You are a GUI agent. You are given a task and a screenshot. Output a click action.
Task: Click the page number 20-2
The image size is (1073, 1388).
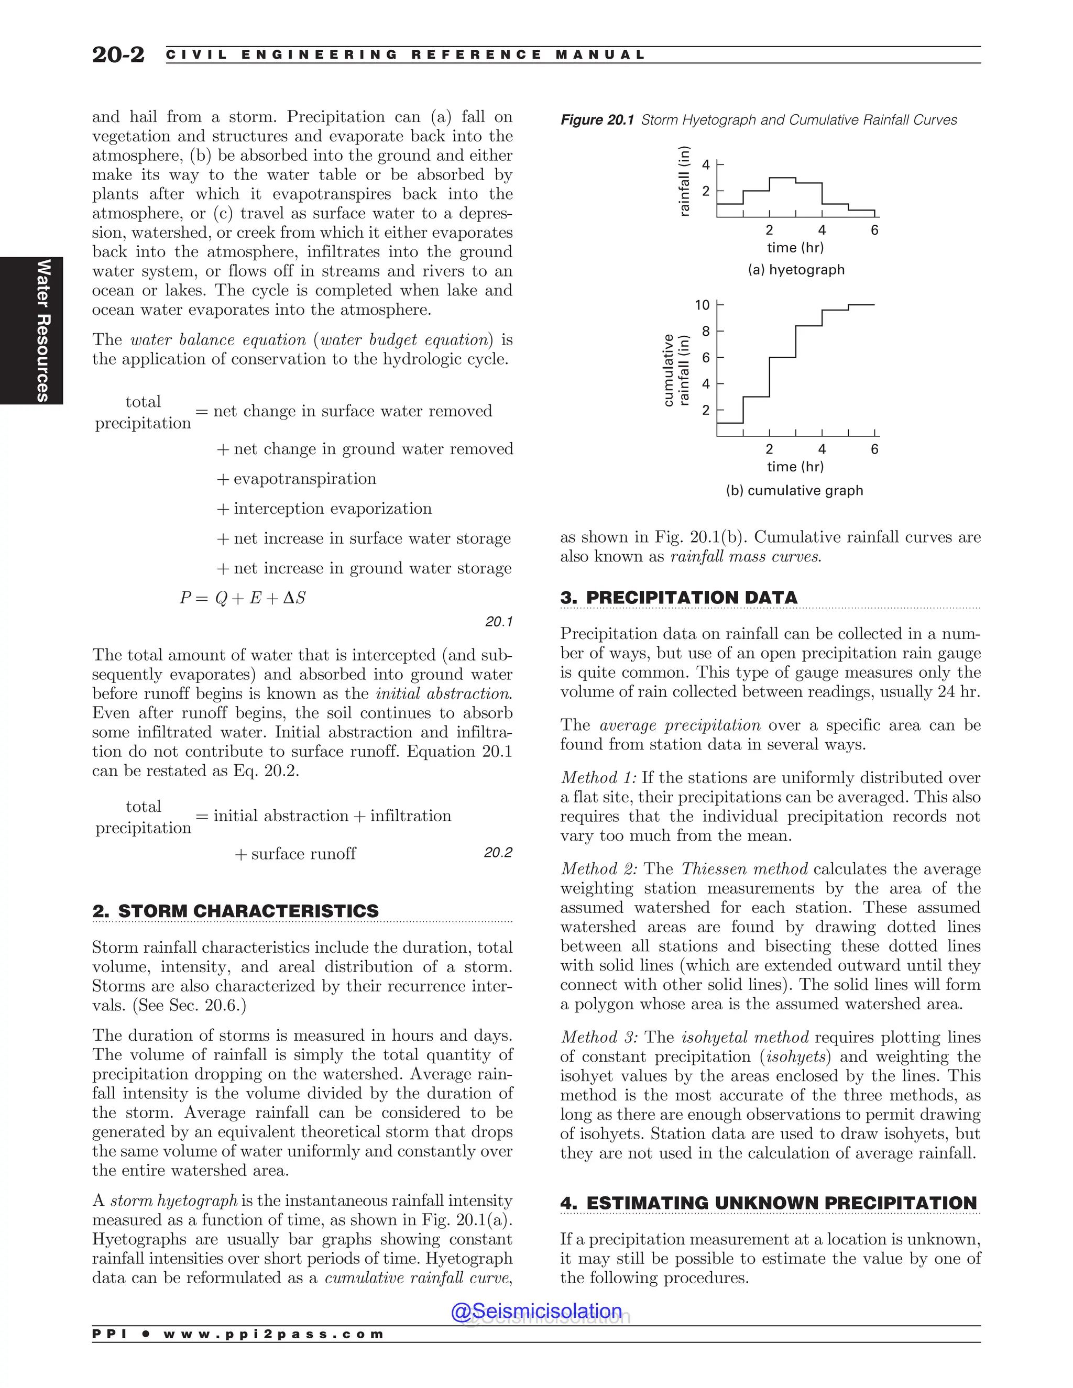click(x=118, y=54)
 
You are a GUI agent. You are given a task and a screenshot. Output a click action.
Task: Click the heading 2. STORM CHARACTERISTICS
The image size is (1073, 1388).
click(x=235, y=911)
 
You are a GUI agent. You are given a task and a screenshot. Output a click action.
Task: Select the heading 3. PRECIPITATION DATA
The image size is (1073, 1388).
click(x=678, y=598)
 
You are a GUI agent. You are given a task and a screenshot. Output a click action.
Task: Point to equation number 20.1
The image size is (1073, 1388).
click(x=498, y=622)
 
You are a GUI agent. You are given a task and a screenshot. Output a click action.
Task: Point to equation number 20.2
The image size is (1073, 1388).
click(x=498, y=852)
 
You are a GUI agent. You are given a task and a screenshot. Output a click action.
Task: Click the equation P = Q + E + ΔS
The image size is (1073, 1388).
click(x=242, y=598)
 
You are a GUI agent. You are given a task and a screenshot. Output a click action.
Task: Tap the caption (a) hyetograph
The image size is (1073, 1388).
click(x=796, y=269)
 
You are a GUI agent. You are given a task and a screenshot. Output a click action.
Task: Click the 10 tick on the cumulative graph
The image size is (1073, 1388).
click(x=702, y=305)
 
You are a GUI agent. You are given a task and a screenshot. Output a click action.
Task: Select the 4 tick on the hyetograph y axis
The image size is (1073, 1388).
click(x=706, y=165)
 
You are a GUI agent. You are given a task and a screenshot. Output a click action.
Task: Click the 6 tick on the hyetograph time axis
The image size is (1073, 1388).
click(x=874, y=230)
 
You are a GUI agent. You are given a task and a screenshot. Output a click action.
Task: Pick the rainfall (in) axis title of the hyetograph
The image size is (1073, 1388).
click(x=684, y=181)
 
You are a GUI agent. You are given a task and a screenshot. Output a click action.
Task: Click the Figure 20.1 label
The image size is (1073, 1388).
click(x=596, y=120)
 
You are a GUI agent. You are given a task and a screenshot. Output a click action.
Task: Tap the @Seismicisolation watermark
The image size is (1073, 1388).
click(x=536, y=1311)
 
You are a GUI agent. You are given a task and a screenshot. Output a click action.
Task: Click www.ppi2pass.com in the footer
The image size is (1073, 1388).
click(x=273, y=1334)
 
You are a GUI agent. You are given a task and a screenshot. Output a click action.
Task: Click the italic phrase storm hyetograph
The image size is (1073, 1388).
click(x=173, y=1200)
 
